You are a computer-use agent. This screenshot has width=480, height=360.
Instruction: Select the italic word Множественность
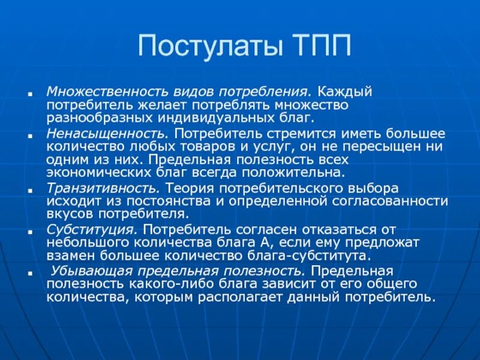(x=98, y=92)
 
